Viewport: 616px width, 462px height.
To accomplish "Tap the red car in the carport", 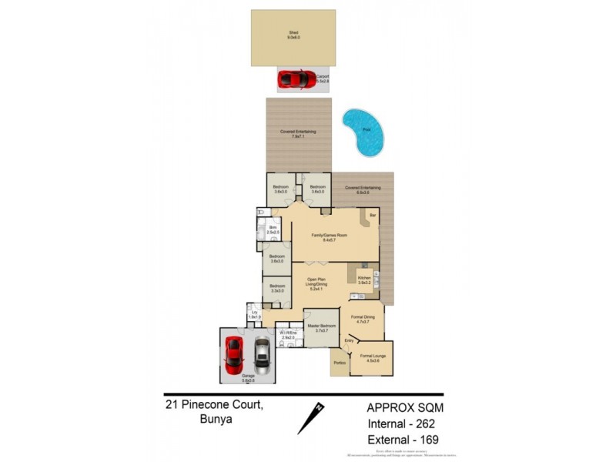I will (x=293, y=79).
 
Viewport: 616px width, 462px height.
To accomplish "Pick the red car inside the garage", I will (x=234, y=353).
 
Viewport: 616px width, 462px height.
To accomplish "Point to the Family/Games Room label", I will (x=330, y=236).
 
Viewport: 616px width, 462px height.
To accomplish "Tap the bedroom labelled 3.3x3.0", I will (x=276, y=289).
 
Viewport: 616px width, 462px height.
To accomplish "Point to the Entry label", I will (x=349, y=340).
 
